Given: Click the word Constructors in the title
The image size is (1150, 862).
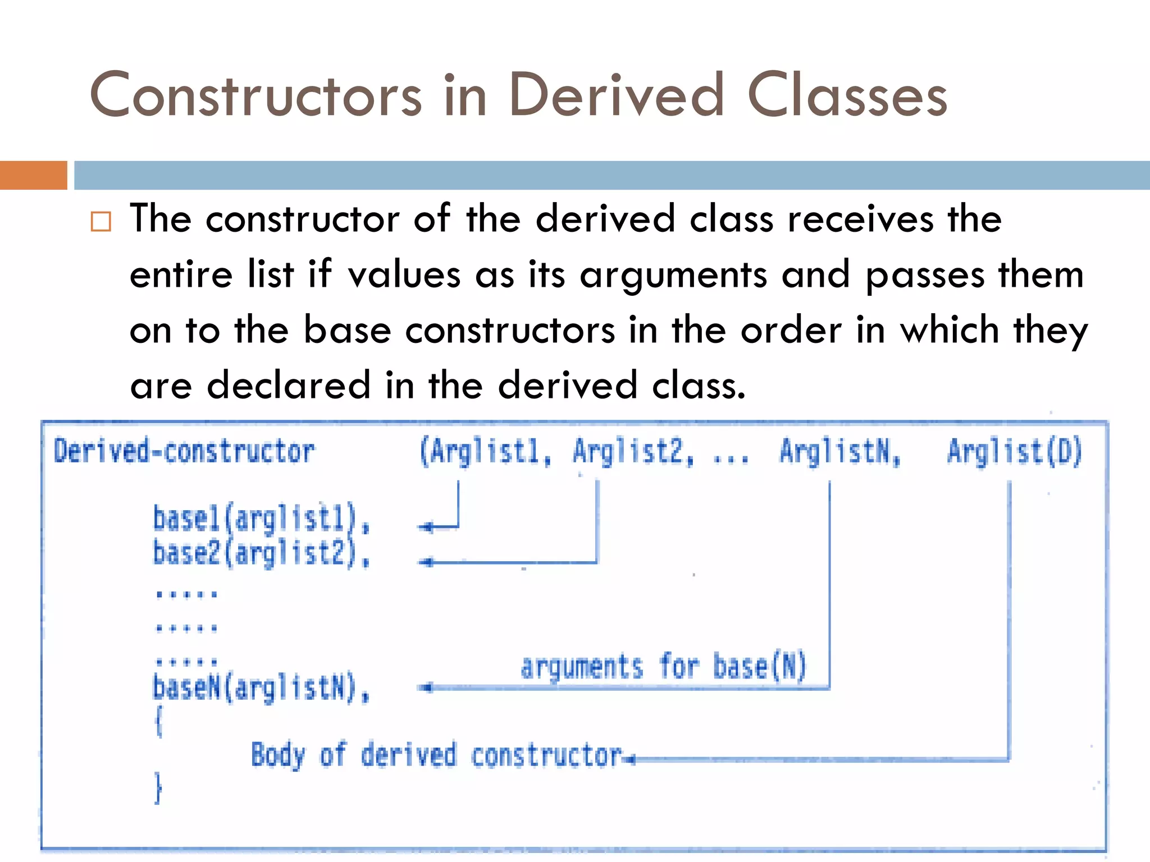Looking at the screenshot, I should click(x=255, y=95).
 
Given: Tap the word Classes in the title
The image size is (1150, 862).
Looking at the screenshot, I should click(x=847, y=95).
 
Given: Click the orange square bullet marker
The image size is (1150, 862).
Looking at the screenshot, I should click(x=101, y=222).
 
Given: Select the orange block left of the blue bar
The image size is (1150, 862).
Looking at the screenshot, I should click(x=33, y=175).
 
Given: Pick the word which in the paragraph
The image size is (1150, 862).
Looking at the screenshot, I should click(x=950, y=330).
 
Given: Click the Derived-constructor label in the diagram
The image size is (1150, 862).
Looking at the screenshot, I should click(x=184, y=452).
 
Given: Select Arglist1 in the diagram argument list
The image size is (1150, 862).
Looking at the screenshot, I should click(x=486, y=452).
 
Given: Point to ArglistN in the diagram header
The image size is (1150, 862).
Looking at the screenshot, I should click(x=840, y=452).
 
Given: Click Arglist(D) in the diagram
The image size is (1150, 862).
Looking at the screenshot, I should click(x=1014, y=452).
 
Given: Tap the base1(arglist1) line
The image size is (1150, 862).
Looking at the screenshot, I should click(x=261, y=519).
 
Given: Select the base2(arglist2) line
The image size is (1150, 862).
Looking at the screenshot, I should click(x=261, y=553).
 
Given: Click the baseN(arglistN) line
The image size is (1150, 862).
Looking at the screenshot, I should click(x=261, y=687).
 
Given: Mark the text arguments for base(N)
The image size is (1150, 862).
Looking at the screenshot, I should click(x=664, y=667).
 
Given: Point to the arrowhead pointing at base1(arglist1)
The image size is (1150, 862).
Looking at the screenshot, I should click(x=426, y=527).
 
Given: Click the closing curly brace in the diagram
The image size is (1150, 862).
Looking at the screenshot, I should click(x=158, y=788).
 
